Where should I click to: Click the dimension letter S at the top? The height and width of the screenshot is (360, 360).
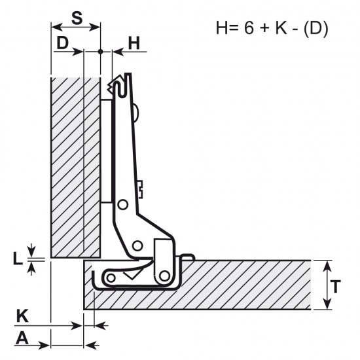(77, 18)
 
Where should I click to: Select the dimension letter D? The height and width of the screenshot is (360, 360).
(62, 43)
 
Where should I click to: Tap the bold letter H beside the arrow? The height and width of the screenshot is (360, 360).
(134, 43)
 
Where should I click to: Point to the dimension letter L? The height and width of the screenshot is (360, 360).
(18, 259)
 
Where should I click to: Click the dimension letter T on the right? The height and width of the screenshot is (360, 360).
(335, 287)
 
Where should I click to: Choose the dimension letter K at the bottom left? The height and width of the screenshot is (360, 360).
(22, 316)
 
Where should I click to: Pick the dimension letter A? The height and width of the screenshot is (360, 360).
(22, 338)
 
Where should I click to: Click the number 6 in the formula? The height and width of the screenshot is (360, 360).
(249, 27)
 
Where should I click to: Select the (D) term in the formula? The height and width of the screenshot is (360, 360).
(315, 28)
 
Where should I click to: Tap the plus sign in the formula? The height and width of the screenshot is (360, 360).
(264, 28)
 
